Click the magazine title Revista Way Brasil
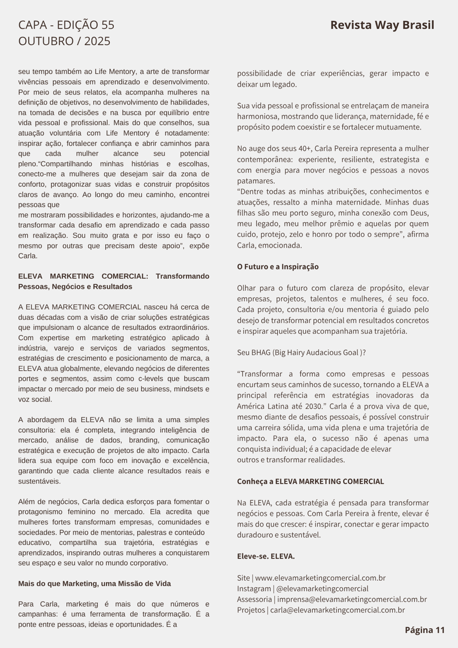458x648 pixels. point(382,25)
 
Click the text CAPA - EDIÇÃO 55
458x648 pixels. point(66,25)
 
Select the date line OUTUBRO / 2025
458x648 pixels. point(64,42)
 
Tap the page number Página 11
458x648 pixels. point(425,630)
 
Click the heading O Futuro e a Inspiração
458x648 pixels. point(278,267)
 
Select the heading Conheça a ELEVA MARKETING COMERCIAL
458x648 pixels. point(310,481)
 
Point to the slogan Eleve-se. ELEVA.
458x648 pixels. point(266,556)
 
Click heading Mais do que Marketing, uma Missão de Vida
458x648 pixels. point(95,584)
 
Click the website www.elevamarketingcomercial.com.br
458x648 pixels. point(320,578)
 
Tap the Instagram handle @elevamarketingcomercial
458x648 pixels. point(322,589)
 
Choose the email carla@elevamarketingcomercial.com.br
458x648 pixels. point(338,610)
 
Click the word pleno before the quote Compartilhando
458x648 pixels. point(27,164)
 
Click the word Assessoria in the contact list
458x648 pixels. point(255,599)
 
